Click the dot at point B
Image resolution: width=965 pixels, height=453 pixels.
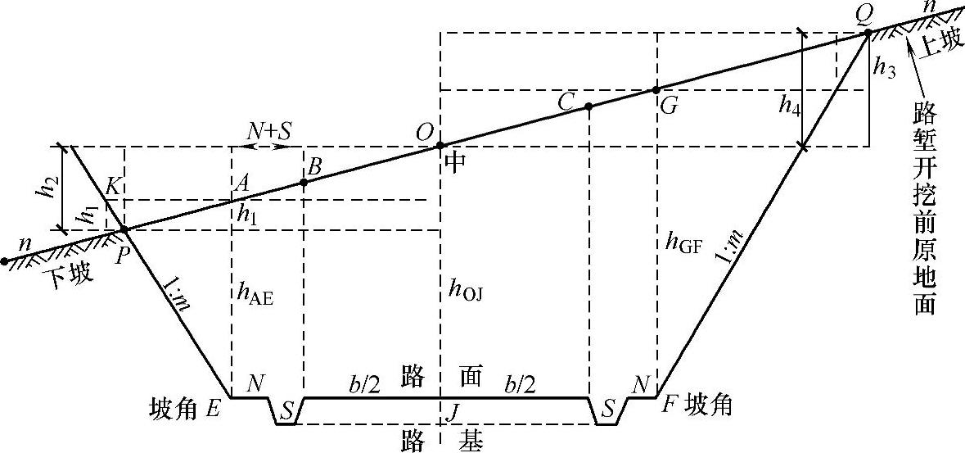pyautogui.click(x=304, y=182)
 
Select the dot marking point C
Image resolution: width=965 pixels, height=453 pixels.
pyautogui.click(x=588, y=106)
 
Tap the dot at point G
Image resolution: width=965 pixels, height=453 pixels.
pyautogui.click(x=656, y=89)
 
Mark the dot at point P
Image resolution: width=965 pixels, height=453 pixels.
pyautogui.click(x=124, y=229)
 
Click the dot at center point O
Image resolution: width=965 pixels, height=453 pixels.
pyautogui.click(x=440, y=145)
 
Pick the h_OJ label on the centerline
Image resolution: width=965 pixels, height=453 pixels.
pyautogui.click(x=465, y=288)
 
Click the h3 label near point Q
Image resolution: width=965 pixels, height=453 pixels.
pyautogui.click(x=885, y=68)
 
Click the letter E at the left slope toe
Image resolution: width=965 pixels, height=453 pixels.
pyautogui.click(x=213, y=407)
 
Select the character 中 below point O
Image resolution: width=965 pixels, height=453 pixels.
pyautogui.click(x=455, y=163)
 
